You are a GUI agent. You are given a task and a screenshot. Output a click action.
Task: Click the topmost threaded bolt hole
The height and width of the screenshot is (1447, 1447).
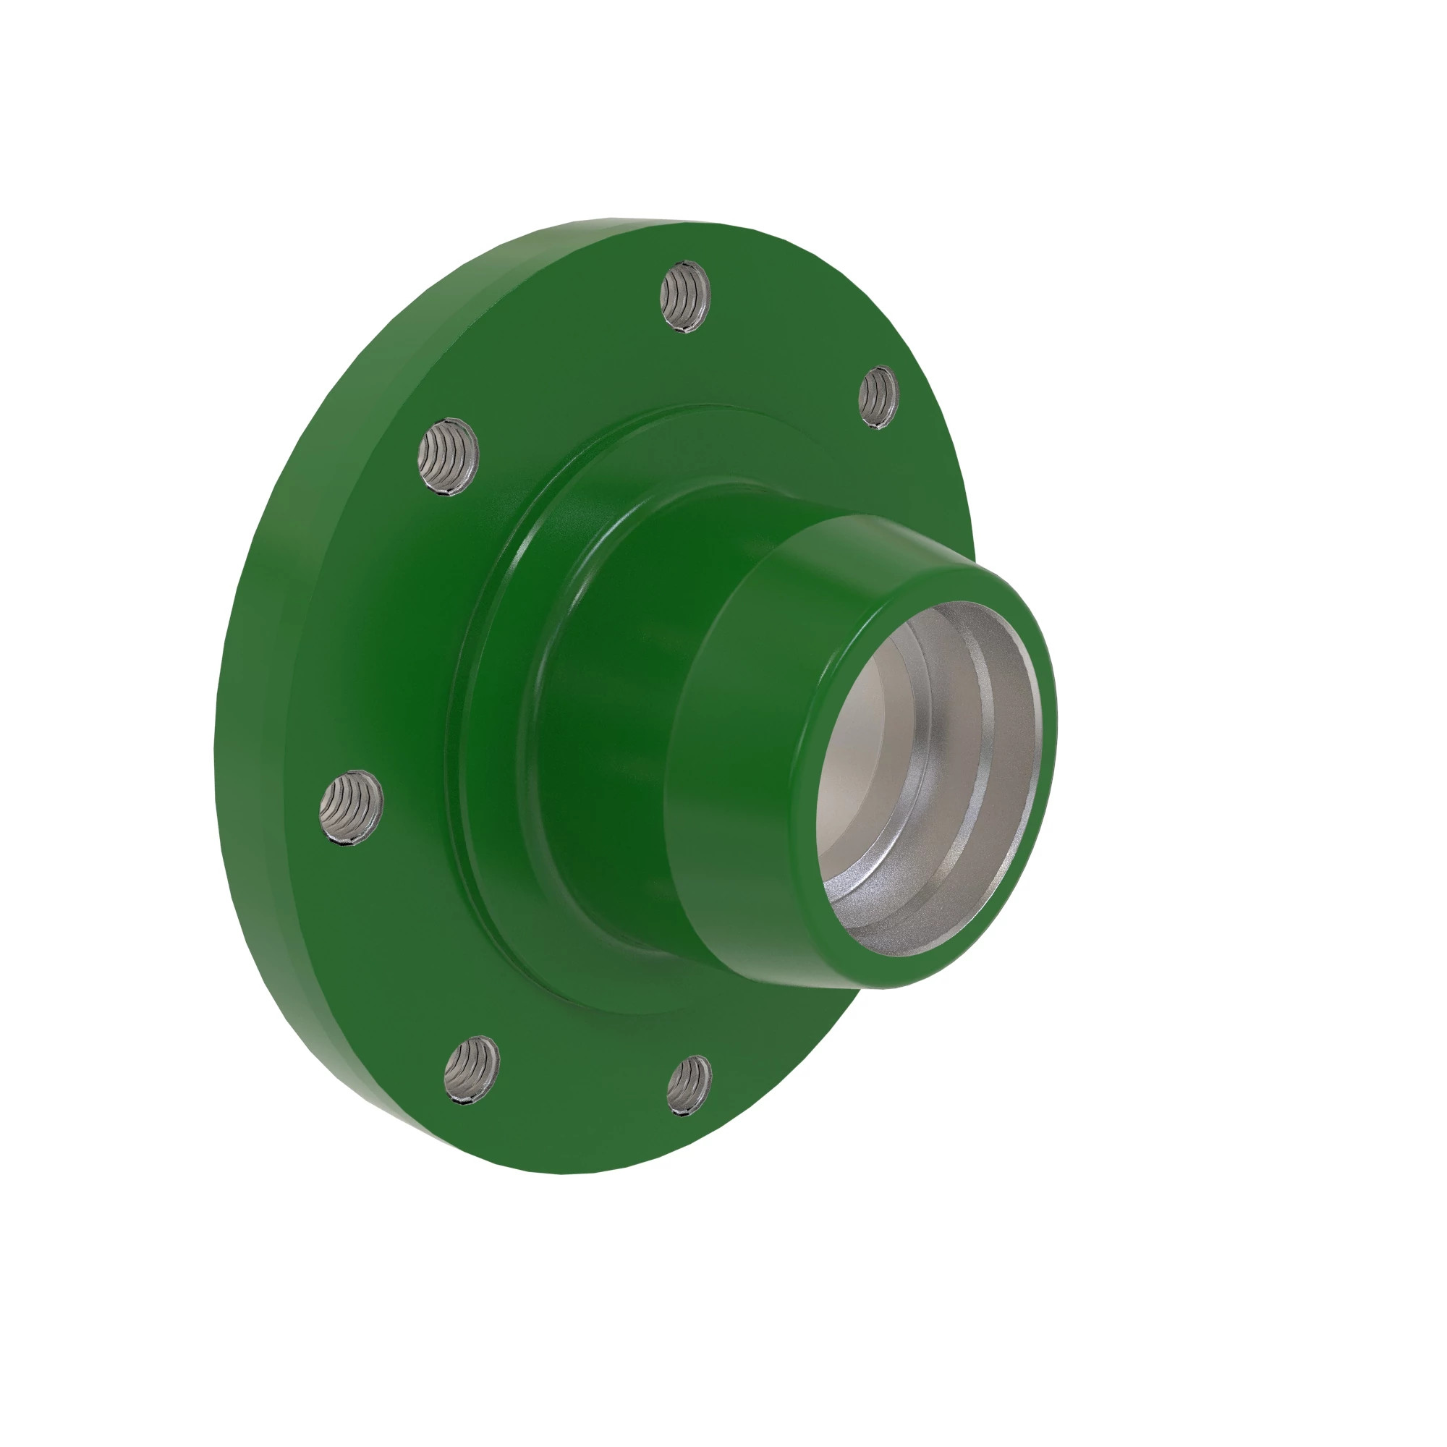[684, 297]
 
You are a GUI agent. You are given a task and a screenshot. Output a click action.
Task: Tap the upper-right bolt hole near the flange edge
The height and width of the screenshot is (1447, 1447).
[878, 397]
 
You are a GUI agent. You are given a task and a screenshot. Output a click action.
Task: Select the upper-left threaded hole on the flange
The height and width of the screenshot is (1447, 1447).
[448, 456]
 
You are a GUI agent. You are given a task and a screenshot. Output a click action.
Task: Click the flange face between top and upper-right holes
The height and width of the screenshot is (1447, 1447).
[786, 337]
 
